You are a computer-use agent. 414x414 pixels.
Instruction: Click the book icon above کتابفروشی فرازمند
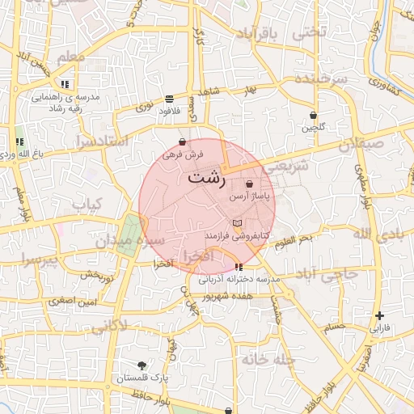click(236, 223)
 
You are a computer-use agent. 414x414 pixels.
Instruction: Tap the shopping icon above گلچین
click(312, 116)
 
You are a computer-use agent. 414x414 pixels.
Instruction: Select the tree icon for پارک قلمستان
click(142, 365)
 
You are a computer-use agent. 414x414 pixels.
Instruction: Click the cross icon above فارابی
click(379, 316)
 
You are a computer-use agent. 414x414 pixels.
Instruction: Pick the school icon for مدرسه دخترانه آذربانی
click(238, 267)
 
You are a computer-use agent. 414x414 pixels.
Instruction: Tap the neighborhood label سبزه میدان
click(130, 241)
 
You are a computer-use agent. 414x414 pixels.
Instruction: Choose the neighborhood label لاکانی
click(110, 326)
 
